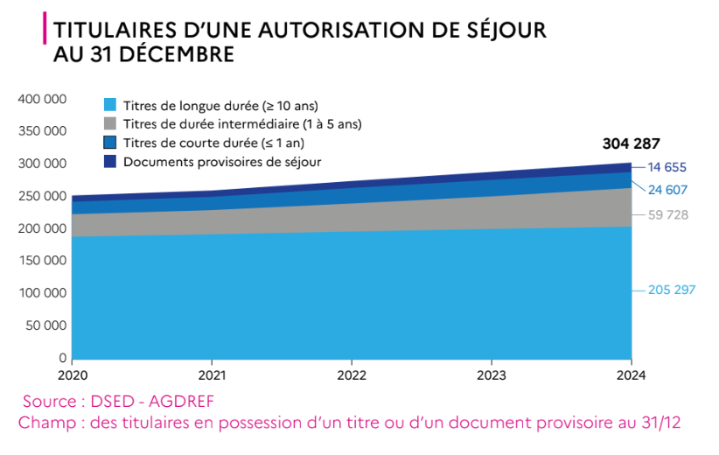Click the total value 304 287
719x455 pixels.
click(631, 144)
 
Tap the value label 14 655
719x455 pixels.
click(667, 168)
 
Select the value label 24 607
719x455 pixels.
click(667, 190)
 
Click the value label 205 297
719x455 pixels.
click(671, 290)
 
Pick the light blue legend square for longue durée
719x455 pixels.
click(110, 105)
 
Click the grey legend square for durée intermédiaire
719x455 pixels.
click(110, 123)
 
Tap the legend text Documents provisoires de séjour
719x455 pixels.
click(222, 161)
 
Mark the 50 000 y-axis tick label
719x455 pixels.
click(46, 325)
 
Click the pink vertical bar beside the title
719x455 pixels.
click(44, 29)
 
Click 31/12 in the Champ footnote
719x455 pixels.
click(658, 422)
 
